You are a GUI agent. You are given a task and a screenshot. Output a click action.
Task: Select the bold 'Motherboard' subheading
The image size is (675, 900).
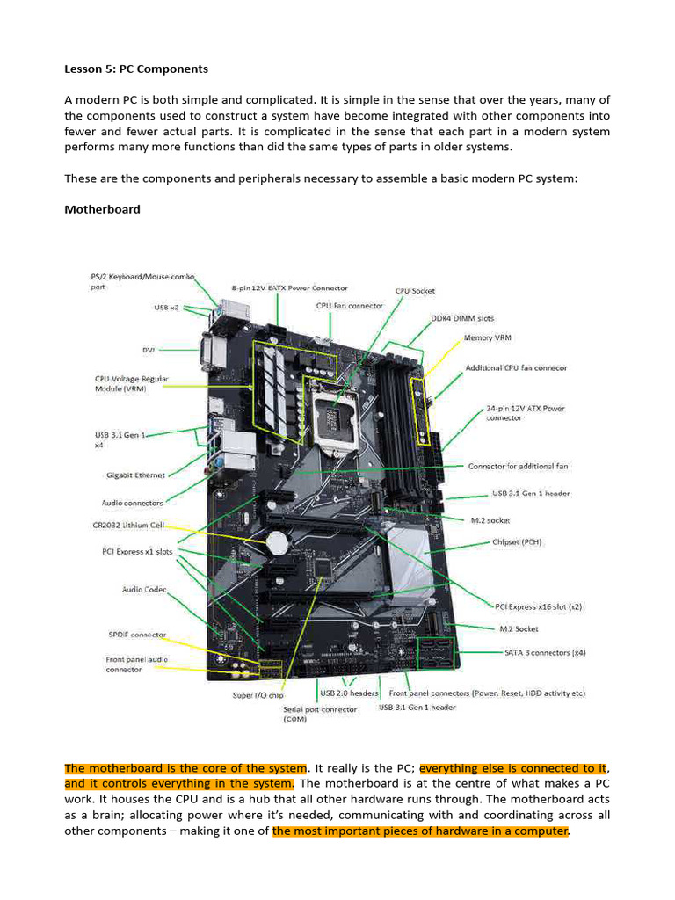[102, 209]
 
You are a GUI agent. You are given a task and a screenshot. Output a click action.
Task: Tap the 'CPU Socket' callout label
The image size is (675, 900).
[415, 291]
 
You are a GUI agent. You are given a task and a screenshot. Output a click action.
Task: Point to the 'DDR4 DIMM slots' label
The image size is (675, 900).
[461, 319]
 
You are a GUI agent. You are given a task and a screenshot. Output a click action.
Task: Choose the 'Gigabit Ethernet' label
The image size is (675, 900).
[135, 475]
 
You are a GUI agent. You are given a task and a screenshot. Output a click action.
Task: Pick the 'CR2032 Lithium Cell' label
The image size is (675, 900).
[139, 525]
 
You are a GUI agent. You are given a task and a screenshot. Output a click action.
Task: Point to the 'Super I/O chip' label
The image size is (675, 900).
[258, 695]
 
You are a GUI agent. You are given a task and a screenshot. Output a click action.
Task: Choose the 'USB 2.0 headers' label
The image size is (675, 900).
[349, 693]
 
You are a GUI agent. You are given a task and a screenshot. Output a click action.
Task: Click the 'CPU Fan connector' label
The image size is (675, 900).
[349, 306]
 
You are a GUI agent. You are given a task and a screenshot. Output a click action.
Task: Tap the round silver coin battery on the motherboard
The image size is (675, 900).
[279, 539]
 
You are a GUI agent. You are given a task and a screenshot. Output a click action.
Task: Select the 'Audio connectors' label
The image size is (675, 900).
[133, 503]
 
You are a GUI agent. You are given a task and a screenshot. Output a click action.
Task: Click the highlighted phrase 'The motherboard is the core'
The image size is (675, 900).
[185, 768]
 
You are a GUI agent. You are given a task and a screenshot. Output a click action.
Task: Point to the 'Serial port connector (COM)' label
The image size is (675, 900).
[320, 714]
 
